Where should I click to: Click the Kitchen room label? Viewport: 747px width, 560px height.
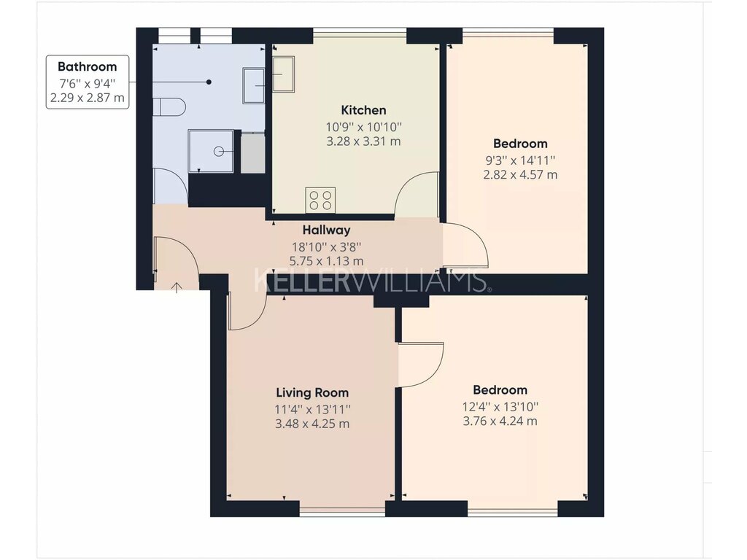(x=363, y=110)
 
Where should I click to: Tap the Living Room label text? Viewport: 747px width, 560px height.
(x=312, y=393)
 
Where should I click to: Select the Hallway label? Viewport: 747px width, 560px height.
(x=326, y=230)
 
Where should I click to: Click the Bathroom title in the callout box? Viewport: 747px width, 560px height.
(x=88, y=66)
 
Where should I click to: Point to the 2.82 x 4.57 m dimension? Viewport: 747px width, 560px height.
(x=520, y=175)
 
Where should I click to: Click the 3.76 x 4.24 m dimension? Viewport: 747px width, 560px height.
(x=500, y=421)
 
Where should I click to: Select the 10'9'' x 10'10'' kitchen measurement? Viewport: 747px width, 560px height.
(x=364, y=127)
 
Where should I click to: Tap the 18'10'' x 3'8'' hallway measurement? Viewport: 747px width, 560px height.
(x=326, y=247)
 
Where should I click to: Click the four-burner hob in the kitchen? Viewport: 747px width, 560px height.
(x=320, y=200)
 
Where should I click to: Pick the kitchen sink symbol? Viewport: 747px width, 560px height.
(x=283, y=74)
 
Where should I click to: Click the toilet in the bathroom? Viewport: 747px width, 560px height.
(x=169, y=106)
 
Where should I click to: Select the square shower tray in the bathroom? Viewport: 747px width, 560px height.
(x=211, y=151)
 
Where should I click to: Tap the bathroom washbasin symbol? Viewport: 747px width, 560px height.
(x=253, y=86)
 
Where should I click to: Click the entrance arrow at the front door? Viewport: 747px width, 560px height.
(x=177, y=287)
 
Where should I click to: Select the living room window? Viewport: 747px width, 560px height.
(x=342, y=512)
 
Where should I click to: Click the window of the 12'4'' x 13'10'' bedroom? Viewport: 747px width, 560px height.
(x=512, y=512)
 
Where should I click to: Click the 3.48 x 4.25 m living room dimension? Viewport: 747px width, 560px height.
(x=312, y=424)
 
